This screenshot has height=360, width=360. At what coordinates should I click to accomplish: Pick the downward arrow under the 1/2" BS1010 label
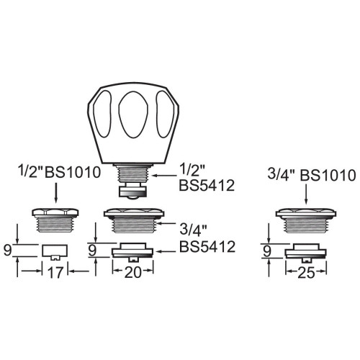coord(56,193)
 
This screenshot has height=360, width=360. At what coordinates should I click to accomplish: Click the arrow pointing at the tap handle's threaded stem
coord(166,174)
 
